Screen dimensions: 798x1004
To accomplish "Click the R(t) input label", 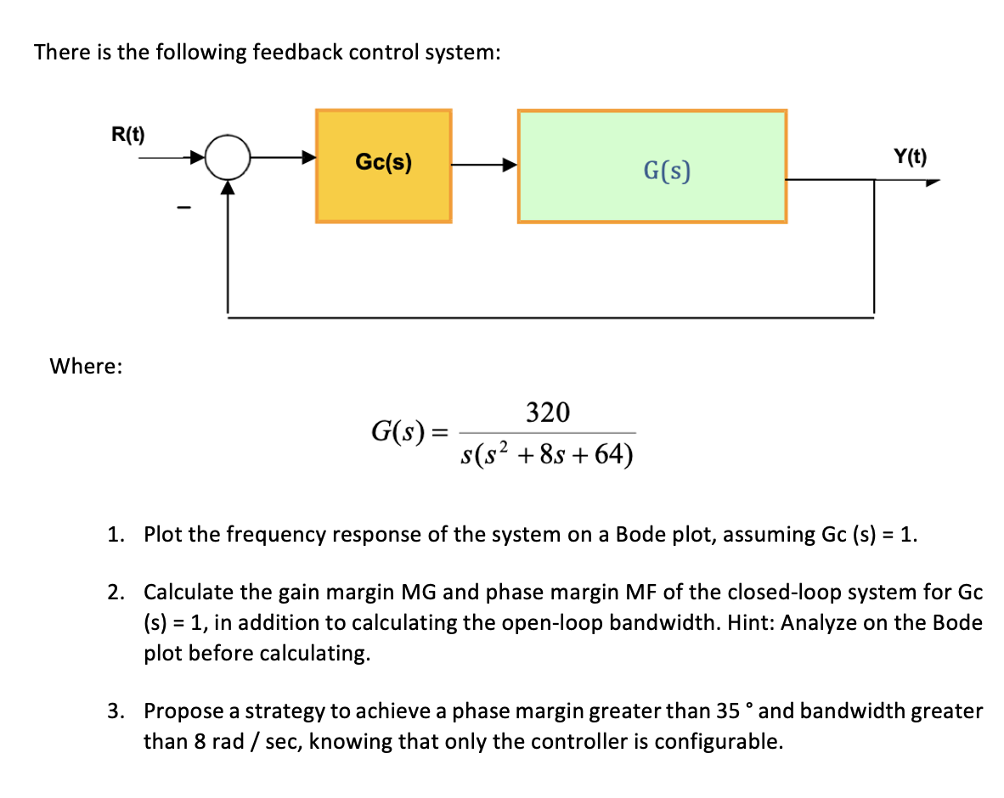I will click(128, 134).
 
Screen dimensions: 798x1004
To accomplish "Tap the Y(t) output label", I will click(911, 156).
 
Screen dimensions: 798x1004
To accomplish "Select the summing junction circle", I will click(228, 158).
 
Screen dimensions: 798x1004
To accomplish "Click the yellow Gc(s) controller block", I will click(383, 166).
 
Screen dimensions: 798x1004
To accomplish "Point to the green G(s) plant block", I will click(651, 166).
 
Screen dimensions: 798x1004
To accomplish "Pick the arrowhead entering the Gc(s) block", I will click(309, 158).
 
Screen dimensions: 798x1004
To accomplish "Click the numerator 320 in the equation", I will click(548, 413).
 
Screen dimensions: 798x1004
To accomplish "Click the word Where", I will click(86, 366).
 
